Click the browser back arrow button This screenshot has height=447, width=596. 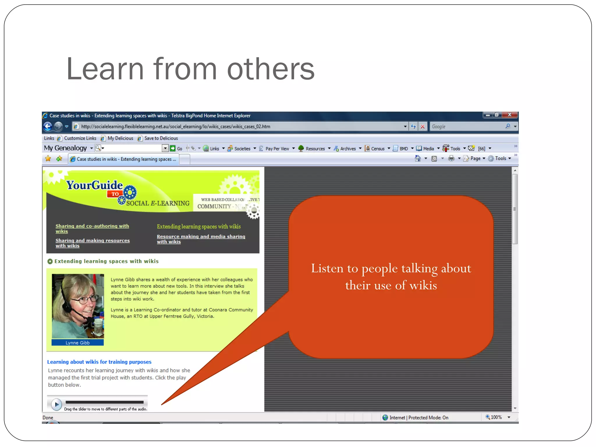point(48,126)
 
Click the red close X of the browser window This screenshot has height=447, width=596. point(510,115)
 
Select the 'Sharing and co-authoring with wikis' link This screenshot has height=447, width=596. point(92,228)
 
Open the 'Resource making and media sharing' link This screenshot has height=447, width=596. point(201,239)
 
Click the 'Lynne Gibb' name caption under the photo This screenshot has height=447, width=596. point(77,343)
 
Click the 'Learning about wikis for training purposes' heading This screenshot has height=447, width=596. point(99,362)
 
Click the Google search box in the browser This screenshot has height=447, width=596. point(467,126)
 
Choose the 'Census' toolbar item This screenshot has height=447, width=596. point(377,149)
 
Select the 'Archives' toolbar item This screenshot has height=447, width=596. point(347,149)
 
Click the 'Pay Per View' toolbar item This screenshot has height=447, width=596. point(277,149)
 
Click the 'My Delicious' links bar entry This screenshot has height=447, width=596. point(120,138)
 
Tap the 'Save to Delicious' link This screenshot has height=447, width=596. point(161,138)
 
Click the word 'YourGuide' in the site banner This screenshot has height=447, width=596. point(94,185)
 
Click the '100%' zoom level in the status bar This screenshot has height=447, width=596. point(496,417)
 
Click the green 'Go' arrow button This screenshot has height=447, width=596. point(173,148)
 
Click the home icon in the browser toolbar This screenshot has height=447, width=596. point(418,158)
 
